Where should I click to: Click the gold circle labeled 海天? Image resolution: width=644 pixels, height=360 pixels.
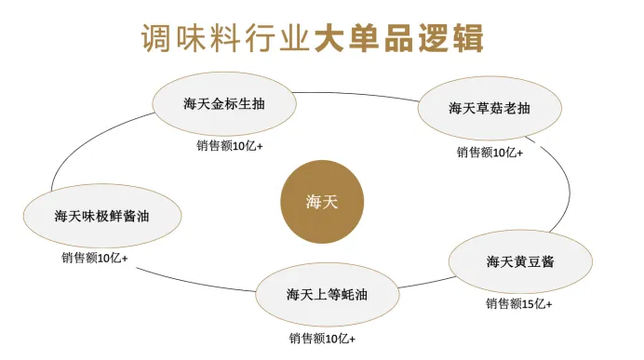(x=321, y=202)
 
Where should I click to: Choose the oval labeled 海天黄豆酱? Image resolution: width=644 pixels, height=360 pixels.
(x=519, y=261)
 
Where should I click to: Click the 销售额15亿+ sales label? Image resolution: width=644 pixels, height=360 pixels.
(x=518, y=303)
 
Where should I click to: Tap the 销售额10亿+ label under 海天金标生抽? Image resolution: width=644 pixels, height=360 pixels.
(x=230, y=146)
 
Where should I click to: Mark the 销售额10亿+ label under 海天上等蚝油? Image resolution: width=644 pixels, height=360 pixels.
(x=322, y=338)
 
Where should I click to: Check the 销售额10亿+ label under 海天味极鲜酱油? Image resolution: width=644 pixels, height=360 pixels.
(x=95, y=257)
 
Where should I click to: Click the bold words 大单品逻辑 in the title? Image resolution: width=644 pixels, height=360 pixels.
(x=400, y=39)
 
